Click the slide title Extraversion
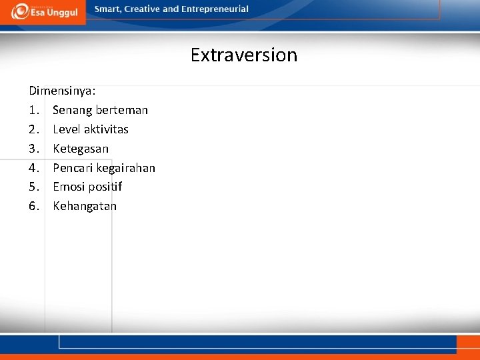(x=243, y=55)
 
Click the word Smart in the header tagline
(x=108, y=9)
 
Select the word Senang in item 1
(x=73, y=110)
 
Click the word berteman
(x=122, y=110)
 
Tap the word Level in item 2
(x=67, y=129)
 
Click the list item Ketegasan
(x=81, y=149)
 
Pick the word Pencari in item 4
(x=73, y=168)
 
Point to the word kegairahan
(x=126, y=168)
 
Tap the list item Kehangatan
(x=85, y=206)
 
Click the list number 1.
(x=33, y=110)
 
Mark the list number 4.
(x=33, y=168)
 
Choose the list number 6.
(x=33, y=206)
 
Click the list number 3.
(x=33, y=149)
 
